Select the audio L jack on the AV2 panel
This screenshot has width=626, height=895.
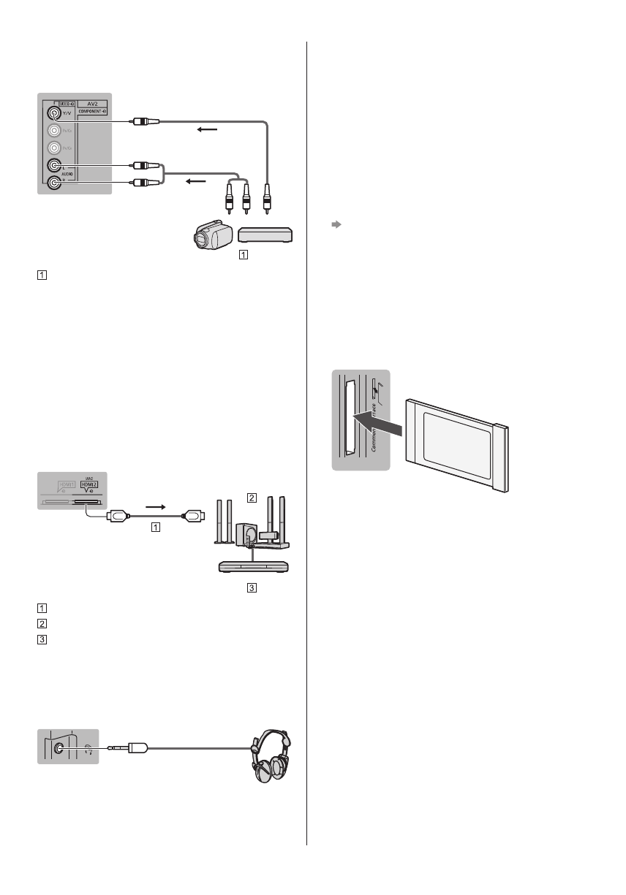[x=52, y=166]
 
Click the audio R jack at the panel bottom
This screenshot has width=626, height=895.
[x=52, y=183]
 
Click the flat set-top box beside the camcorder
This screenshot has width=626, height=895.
[x=266, y=234]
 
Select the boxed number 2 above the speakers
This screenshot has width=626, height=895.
[x=251, y=498]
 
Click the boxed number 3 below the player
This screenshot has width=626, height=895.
[x=251, y=587]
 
